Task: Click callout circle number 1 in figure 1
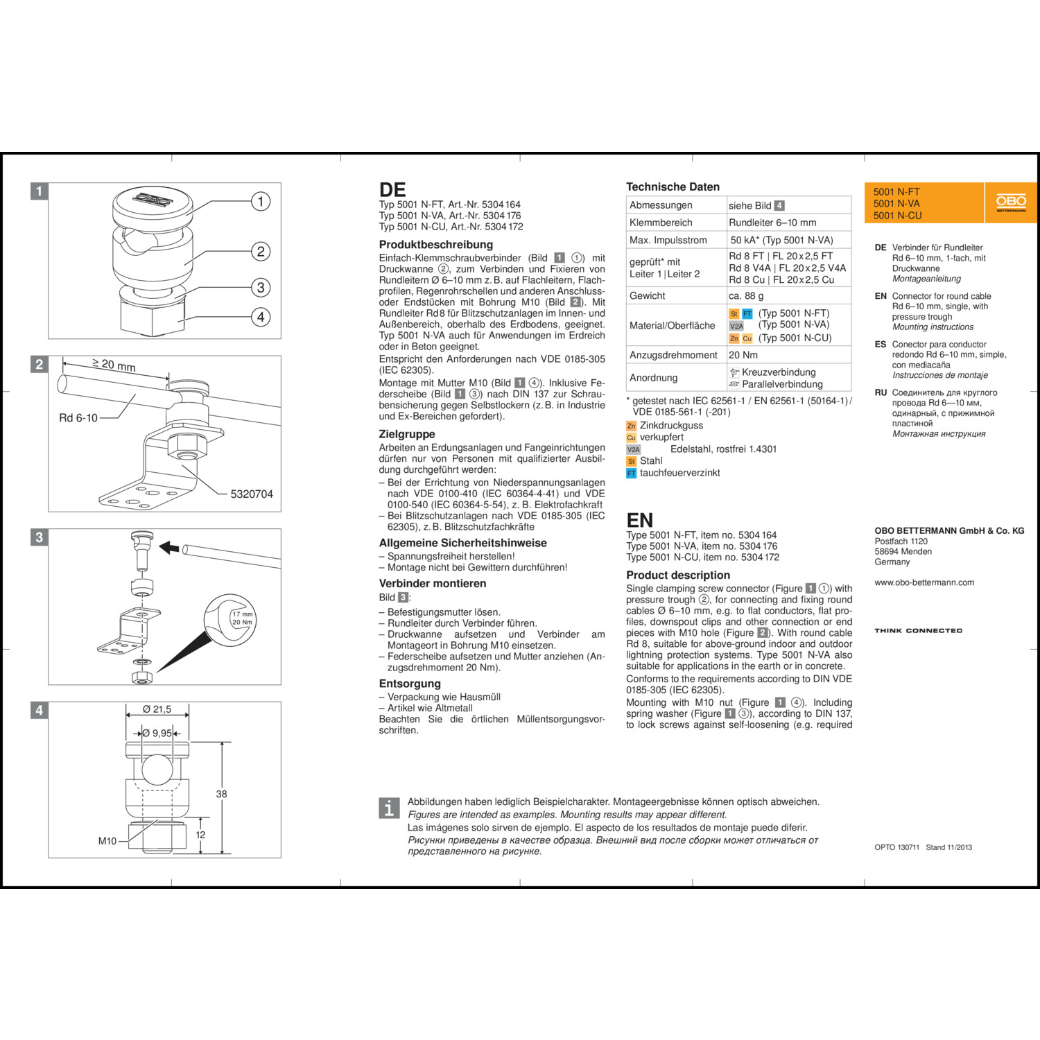261,202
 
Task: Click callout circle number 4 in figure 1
261,317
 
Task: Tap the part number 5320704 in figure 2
252,494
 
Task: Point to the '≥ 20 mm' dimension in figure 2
114,365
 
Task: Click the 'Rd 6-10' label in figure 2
78,418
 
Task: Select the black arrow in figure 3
169,547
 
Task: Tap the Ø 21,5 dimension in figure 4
157,709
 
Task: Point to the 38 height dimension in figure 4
222,794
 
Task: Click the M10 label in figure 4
107,841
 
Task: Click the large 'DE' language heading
392,190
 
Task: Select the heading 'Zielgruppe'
407,434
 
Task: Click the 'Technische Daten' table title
673,187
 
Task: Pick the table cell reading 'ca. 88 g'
746,295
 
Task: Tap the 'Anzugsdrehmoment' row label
673,355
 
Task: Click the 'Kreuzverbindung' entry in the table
778,372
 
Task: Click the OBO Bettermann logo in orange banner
1011,202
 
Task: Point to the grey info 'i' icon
389,808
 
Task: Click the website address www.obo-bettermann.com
924,582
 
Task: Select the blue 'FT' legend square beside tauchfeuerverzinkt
631,474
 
